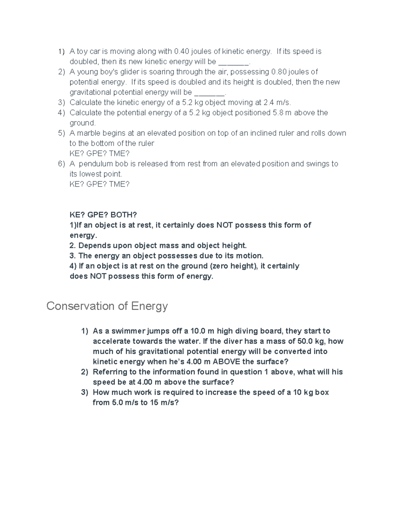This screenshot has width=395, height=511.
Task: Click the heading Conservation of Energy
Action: point(107,306)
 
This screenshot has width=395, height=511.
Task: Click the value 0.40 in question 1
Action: point(181,51)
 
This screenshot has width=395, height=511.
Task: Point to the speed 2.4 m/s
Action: point(277,102)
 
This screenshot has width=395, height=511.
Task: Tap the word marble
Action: point(89,133)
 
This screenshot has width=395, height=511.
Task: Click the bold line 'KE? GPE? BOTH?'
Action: point(103,215)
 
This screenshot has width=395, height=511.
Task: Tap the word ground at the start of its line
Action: point(82,123)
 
